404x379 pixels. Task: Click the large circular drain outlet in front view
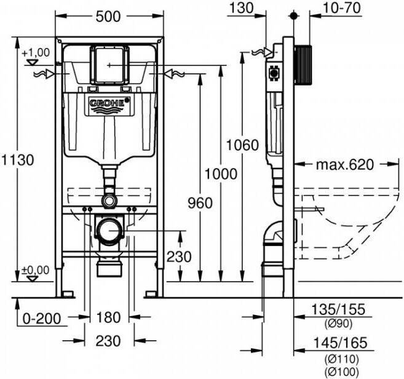(x=109, y=231)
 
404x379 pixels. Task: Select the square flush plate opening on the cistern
(x=109, y=63)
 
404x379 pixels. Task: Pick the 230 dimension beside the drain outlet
(x=179, y=257)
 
